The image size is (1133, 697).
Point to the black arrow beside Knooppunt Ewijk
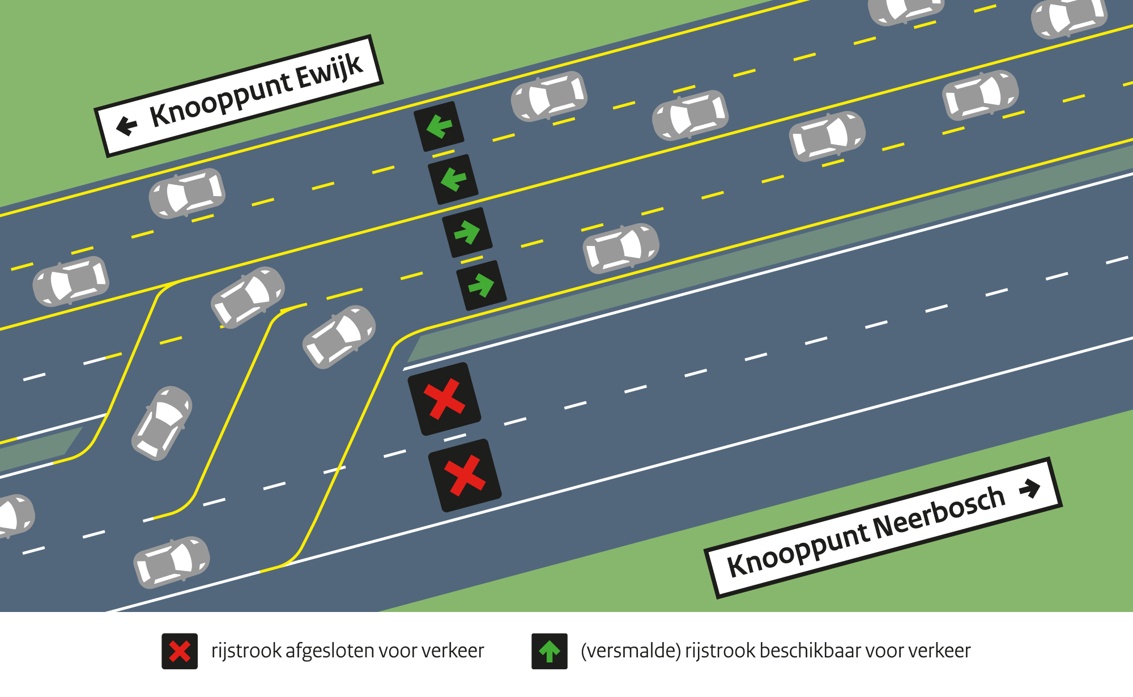click(127, 125)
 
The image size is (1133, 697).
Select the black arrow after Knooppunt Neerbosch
click(1029, 488)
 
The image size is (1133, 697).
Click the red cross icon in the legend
click(180, 651)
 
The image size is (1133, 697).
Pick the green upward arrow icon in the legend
click(549, 651)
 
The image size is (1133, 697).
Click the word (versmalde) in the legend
click(631, 651)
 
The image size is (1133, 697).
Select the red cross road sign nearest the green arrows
click(445, 399)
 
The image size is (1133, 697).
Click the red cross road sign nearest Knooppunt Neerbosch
click(465, 475)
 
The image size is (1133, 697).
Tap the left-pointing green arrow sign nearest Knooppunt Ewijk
click(439, 126)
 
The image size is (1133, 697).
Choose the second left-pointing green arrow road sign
click(453, 179)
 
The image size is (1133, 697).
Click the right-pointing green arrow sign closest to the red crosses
click(482, 285)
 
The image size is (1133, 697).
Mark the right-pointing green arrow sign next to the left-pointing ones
click(467, 232)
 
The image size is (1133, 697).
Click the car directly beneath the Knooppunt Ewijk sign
click(187, 193)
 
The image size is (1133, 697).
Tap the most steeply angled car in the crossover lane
click(162, 423)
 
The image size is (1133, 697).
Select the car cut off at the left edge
click(14, 516)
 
